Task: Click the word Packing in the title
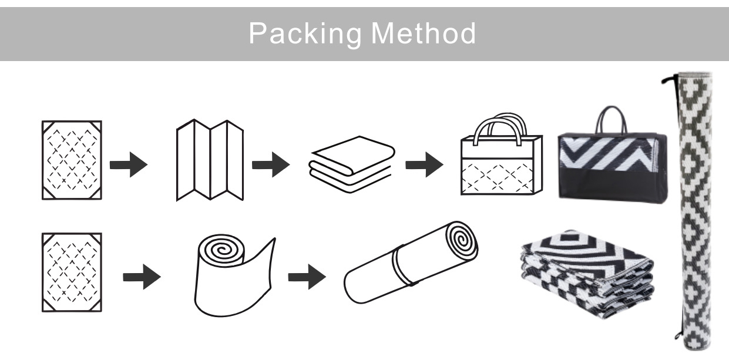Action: click(x=305, y=33)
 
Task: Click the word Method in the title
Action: click(x=424, y=33)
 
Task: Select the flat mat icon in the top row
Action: click(x=72, y=160)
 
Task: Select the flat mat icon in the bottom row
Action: click(x=72, y=272)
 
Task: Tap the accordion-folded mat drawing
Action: click(x=210, y=160)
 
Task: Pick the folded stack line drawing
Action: click(x=351, y=164)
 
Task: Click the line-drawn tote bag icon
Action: click(x=502, y=154)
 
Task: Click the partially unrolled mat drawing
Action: click(x=234, y=275)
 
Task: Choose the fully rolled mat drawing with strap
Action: click(x=411, y=263)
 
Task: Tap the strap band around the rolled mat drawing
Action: click(x=403, y=266)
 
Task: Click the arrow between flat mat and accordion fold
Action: click(x=129, y=164)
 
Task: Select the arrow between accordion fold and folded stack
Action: click(x=271, y=164)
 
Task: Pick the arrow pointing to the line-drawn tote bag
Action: click(x=424, y=164)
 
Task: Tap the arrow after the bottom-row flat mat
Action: click(x=142, y=277)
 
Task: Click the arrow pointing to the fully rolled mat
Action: click(x=307, y=277)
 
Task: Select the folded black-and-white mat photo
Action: click(x=587, y=274)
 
